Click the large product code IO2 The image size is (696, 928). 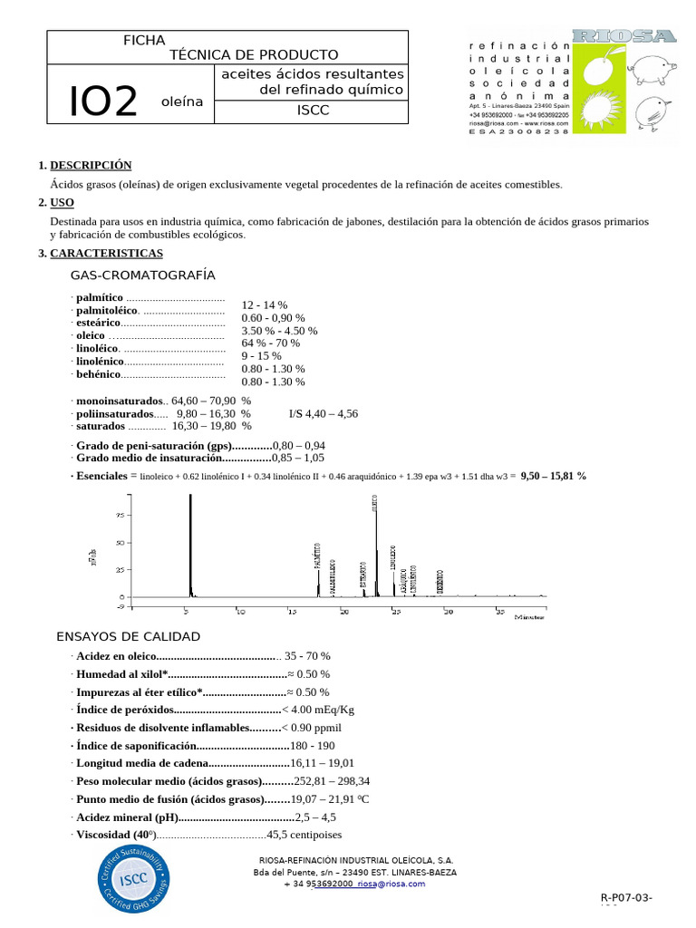pyautogui.click(x=103, y=102)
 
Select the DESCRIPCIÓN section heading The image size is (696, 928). pyautogui.click(x=91, y=165)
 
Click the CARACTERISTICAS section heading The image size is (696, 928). pyautogui.click(x=106, y=253)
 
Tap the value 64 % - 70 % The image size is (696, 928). pyautogui.click(x=270, y=343)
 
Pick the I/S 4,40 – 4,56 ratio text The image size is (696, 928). pyautogui.click(x=324, y=413)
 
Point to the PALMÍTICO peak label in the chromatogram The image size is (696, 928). pyautogui.click(x=317, y=555)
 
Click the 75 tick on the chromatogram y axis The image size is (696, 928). pyautogui.click(x=119, y=515)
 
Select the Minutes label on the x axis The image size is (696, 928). pyautogui.click(x=530, y=616)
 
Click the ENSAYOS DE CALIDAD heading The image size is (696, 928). pyautogui.click(x=128, y=636)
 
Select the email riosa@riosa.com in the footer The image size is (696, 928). pyautogui.click(x=391, y=884)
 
